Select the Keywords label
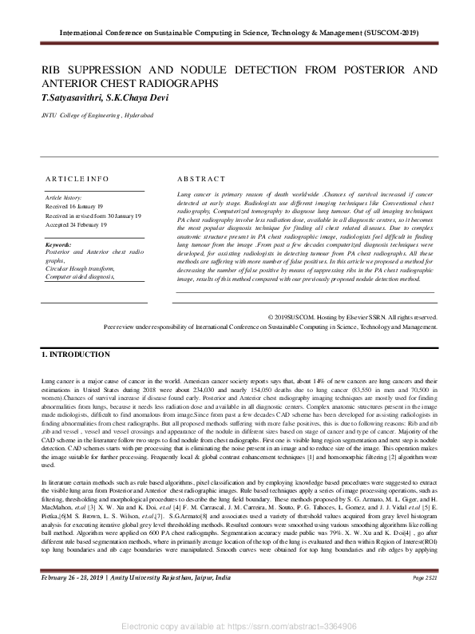59,244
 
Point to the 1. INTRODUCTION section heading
76,354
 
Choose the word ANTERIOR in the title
72,82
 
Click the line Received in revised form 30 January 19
93,216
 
